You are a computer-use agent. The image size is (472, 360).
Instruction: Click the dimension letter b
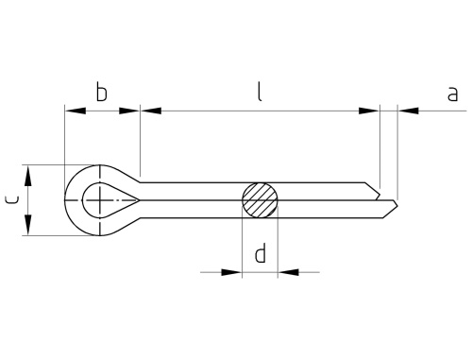click(x=101, y=92)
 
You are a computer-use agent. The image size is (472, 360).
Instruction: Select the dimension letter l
click(x=260, y=92)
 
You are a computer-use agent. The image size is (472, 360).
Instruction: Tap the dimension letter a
click(x=452, y=94)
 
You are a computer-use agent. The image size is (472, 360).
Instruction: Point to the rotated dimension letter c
click(x=12, y=199)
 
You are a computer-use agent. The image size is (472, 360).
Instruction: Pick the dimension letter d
click(x=261, y=252)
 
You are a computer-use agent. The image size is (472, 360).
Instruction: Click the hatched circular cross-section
click(x=260, y=200)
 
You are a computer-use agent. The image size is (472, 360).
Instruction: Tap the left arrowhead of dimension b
click(x=75, y=111)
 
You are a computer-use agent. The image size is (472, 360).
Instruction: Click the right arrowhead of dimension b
click(x=129, y=111)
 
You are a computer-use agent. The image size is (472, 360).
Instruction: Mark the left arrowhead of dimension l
click(x=151, y=111)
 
